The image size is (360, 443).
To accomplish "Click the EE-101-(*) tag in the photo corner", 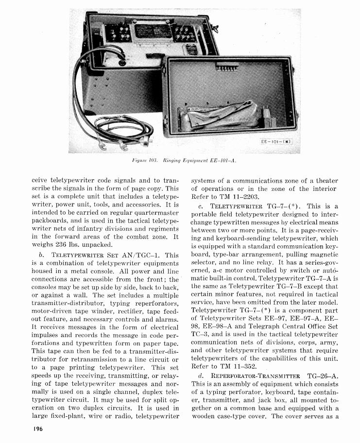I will pos(275,142).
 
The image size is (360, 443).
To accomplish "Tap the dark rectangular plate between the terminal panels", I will pos(154,32).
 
